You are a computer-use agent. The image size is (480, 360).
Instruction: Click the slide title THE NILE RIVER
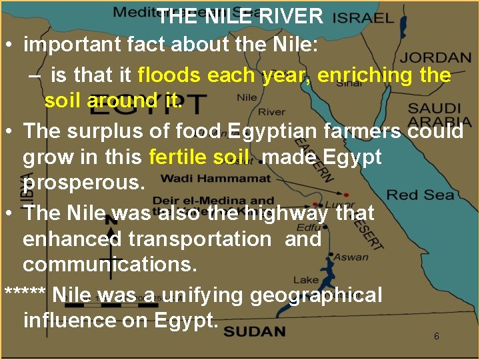click(x=240, y=16)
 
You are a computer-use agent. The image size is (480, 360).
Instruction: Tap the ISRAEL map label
click(x=363, y=17)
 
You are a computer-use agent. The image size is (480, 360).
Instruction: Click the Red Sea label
click(x=421, y=195)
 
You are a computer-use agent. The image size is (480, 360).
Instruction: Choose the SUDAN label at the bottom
click(x=254, y=331)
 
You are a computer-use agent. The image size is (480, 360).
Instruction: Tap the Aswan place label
click(x=351, y=257)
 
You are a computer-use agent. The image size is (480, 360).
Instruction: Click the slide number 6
click(x=437, y=336)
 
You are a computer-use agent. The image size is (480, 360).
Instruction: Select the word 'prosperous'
click(x=83, y=182)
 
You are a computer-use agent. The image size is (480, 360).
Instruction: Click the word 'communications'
click(x=110, y=265)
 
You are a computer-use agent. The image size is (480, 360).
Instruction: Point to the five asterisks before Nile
click(x=25, y=295)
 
